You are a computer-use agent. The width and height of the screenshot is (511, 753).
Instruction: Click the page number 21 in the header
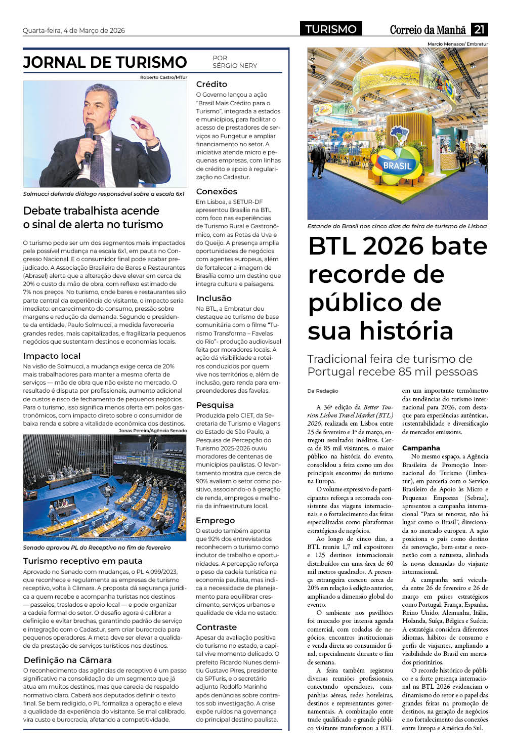tap(479, 29)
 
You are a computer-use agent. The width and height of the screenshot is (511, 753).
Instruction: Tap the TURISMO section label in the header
tap(331, 29)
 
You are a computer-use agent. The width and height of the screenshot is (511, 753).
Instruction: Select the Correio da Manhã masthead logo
tap(428, 30)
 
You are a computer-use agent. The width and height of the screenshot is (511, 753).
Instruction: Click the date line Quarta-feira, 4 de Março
tap(74, 30)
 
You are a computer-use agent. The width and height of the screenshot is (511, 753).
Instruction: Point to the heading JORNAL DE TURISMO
tap(105, 62)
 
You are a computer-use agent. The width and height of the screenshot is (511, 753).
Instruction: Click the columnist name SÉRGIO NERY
tap(235, 66)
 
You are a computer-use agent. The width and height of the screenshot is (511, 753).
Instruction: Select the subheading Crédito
tap(211, 84)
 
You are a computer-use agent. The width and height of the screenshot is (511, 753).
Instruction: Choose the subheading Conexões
tap(217, 191)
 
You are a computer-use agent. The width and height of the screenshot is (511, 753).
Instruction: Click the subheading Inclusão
tap(214, 298)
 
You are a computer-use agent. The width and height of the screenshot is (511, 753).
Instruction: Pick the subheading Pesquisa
tap(215, 405)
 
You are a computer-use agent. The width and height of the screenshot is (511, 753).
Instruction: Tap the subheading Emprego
tap(215, 520)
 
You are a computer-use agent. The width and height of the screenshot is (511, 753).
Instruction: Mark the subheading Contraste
tap(216, 627)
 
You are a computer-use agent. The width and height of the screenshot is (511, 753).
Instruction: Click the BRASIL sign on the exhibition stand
tap(397, 165)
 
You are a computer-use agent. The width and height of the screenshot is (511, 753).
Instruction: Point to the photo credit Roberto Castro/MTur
tap(163, 77)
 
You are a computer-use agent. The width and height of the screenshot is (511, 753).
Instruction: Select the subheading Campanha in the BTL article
tap(421, 448)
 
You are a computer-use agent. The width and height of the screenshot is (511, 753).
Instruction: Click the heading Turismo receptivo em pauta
tap(82, 561)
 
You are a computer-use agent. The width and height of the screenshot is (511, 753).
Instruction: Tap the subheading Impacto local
tap(52, 356)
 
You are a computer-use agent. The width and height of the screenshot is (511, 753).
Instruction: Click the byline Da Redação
tap(323, 391)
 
